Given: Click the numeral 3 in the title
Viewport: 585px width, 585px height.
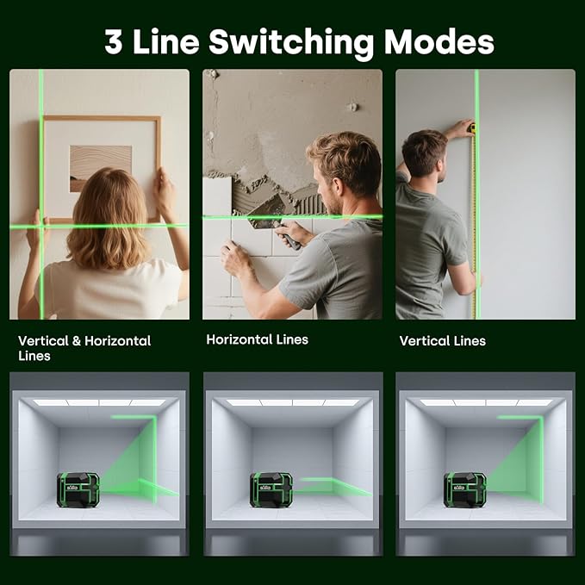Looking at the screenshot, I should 113,41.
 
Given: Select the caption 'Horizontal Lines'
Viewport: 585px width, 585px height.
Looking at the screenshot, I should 257,339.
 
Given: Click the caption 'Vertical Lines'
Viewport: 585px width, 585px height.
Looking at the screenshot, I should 442,341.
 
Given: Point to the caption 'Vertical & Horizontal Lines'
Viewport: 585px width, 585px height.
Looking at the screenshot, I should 84,348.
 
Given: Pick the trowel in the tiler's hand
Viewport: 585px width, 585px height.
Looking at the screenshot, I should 287,235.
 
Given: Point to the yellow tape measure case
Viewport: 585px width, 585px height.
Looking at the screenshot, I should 470,128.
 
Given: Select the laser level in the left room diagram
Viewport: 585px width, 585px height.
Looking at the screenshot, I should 78,489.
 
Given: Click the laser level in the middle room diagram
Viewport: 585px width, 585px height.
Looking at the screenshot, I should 271,489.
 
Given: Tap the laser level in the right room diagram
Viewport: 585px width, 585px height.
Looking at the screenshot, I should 465,489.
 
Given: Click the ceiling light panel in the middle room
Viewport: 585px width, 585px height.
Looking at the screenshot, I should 292,402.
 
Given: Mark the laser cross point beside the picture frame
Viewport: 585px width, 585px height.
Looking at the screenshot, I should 40,227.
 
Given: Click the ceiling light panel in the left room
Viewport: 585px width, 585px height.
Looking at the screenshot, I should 98,402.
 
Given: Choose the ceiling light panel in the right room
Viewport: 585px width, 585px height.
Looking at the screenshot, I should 485,402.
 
